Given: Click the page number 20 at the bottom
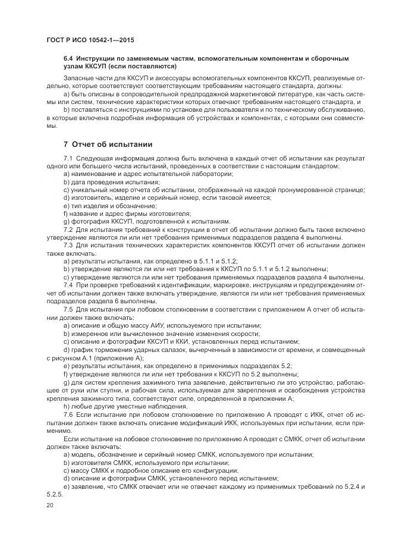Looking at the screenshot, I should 49,505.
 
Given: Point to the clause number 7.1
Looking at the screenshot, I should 68,158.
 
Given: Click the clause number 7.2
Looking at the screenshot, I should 68,230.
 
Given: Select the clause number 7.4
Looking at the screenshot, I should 68,285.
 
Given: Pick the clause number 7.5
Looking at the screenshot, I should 68,309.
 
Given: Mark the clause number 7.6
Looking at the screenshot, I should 68,414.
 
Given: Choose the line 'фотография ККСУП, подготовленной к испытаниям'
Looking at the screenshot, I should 134,222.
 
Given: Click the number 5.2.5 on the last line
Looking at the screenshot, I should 54,494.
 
